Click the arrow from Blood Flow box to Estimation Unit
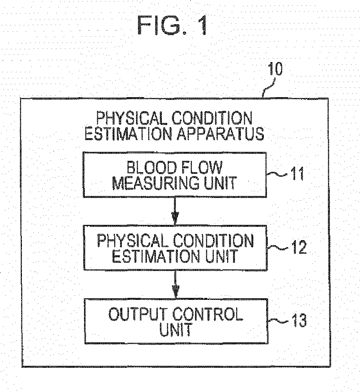(x=175, y=211)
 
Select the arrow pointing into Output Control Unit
(x=175, y=284)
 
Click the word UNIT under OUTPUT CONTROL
(x=176, y=330)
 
